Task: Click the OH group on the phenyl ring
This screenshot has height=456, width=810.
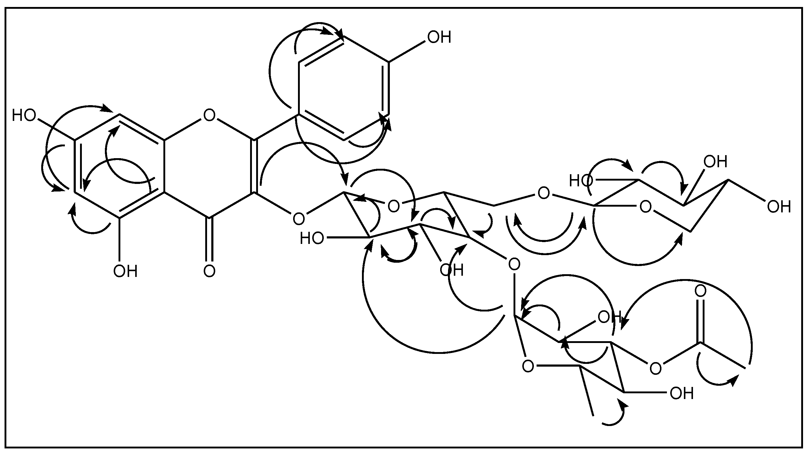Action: pos(439,37)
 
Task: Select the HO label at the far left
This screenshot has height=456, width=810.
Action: pos(24,115)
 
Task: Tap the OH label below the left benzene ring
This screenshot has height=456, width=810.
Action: pos(126,271)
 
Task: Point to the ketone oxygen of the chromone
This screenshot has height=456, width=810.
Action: pos(209,271)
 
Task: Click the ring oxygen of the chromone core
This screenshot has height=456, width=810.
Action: pos(209,115)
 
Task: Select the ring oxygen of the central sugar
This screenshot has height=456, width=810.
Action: pos(393,206)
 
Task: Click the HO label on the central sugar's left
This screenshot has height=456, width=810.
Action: pos(312,238)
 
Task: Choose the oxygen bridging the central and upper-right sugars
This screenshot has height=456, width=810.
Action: pos(544,194)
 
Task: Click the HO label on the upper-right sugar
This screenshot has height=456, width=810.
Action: pos(581,181)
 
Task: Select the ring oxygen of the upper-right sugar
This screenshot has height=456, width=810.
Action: pos(646,207)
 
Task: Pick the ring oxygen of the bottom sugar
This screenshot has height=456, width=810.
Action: pos(528,366)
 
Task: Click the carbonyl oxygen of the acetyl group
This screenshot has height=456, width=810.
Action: pos(700,291)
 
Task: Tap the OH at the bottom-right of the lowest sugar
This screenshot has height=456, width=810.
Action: pos(682,393)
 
